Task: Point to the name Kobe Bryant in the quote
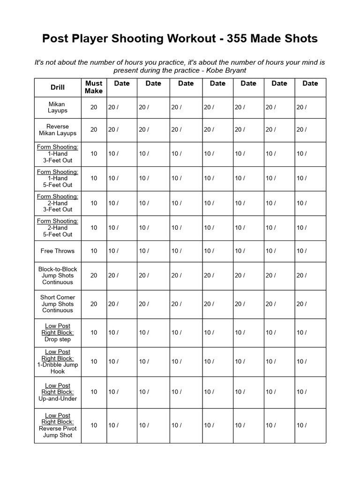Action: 226,70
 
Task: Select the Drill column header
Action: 58,87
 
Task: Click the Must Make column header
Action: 94,87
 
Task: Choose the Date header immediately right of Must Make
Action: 122,83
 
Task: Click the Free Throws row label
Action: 58,251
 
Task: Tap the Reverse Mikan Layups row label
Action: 58,130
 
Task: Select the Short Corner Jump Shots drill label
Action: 58,304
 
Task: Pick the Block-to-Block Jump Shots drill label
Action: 58,276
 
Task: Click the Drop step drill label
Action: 58,339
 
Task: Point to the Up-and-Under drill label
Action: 58,398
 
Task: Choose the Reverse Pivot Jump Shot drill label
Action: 58,432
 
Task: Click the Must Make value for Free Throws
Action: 94,251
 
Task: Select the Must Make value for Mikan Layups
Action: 94,107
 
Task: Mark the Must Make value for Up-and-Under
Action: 94,392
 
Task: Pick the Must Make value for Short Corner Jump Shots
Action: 94,304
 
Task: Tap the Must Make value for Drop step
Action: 94,332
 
